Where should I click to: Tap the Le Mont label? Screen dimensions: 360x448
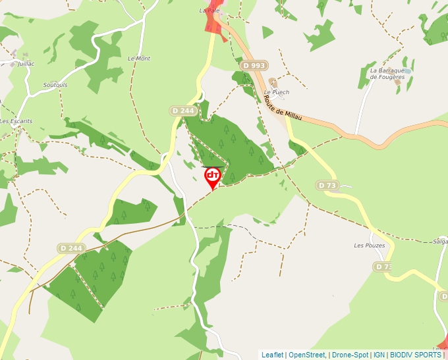tap(139, 59)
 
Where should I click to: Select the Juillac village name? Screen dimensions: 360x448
tap(26, 64)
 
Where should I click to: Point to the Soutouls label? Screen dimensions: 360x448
tap(55, 85)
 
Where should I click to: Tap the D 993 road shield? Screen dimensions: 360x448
tap(254, 65)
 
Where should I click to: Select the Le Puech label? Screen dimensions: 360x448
tap(276, 92)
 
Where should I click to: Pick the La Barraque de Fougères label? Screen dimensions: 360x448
tap(387, 73)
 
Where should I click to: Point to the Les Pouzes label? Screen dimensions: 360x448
tap(369, 245)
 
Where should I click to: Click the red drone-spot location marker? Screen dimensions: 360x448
tap(213, 176)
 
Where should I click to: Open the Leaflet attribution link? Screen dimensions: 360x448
tap(273, 355)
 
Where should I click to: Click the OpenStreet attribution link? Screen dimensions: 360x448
tap(306, 355)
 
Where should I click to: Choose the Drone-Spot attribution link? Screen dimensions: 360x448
tap(350, 355)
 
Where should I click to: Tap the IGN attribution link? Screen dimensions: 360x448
tap(379, 355)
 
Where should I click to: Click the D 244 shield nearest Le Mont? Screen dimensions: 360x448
tap(182, 111)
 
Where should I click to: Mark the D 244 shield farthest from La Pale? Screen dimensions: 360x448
tap(70, 248)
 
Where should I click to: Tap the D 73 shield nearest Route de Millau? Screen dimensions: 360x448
tap(327, 186)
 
